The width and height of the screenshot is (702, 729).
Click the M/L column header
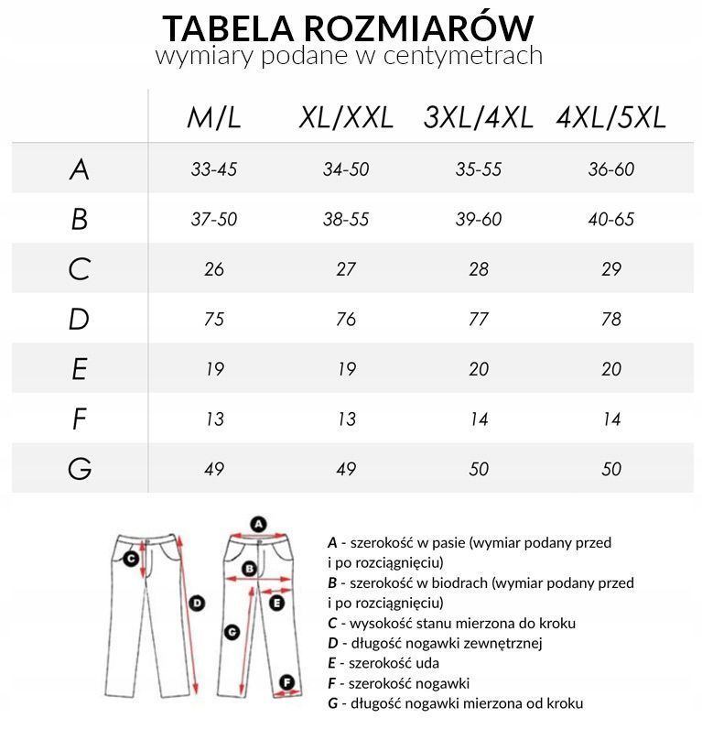pos(214,117)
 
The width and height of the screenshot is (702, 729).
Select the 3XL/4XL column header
pos(478,117)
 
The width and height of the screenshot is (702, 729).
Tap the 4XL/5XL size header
pos(610,117)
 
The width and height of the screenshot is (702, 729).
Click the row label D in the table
pos(80,319)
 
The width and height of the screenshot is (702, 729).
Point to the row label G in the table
pos(80,469)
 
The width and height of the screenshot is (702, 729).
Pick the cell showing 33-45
pos(214,169)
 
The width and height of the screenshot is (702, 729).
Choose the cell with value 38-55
pos(346,220)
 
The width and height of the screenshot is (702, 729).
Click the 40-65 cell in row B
pos(610,220)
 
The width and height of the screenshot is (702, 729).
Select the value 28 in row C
pos(479,269)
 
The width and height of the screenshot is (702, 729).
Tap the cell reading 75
pos(214,319)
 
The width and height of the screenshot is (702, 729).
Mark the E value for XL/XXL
pos(346,369)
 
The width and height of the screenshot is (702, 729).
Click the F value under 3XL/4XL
pos(479,419)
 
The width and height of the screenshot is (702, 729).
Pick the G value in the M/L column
pos(214,469)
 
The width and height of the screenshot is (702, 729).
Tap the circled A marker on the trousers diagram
pos(258,525)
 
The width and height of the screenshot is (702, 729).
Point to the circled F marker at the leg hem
pos(286,682)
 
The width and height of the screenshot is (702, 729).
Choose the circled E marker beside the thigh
pos(277,602)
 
